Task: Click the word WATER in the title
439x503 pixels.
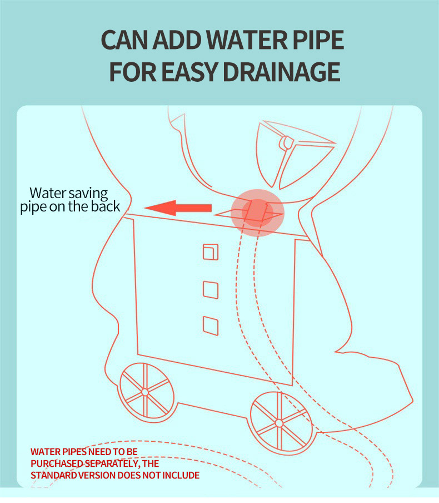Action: pyautogui.click(x=247, y=40)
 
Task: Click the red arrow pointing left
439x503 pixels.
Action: pyautogui.click(x=178, y=208)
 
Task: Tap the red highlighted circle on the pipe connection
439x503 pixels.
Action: pyautogui.click(x=258, y=213)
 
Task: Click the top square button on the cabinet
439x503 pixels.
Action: pyautogui.click(x=211, y=251)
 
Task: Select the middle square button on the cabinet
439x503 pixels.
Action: pyautogui.click(x=211, y=290)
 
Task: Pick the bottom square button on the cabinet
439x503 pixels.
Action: pyautogui.click(x=211, y=326)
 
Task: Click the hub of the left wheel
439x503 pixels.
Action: pyautogui.click(x=145, y=392)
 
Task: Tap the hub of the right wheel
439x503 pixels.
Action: pyautogui.click(x=279, y=423)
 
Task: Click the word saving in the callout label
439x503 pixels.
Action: pyautogui.click(x=88, y=194)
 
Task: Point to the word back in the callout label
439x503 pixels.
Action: pyautogui.click(x=106, y=206)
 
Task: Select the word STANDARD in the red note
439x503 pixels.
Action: pyautogui.click(x=53, y=475)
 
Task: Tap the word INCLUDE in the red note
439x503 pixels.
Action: pyautogui.click(x=181, y=475)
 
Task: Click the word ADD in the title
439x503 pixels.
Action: pyautogui.click(x=177, y=40)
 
